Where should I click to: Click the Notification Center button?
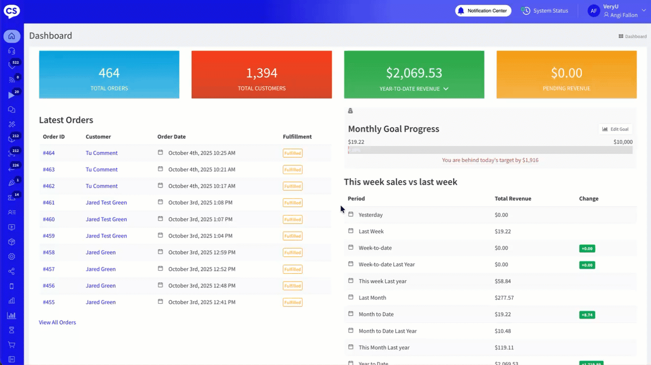(x=483, y=10)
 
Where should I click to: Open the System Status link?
(x=545, y=10)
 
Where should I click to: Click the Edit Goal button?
(x=615, y=129)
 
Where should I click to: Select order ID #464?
(x=49, y=153)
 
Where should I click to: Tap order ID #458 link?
(x=49, y=253)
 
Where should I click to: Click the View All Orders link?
(x=57, y=323)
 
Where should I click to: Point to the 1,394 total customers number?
(x=261, y=73)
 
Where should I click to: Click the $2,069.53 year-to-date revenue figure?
(x=414, y=73)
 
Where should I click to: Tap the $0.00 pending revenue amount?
(x=566, y=73)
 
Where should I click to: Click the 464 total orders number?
(x=109, y=73)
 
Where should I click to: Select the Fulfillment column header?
(x=297, y=137)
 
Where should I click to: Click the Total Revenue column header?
(x=513, y=199)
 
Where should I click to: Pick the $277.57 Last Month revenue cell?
(x=504, y=298)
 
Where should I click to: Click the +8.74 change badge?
(x=587, y=315)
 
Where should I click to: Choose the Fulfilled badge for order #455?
(x=292, y=302)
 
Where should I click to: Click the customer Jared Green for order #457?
(x=101, y=269)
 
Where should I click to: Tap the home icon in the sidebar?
(x=12, y=36)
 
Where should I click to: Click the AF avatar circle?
(x=594, y=11)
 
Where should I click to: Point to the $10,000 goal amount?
(x=623, y=142)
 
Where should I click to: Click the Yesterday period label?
(x=370, y=215)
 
